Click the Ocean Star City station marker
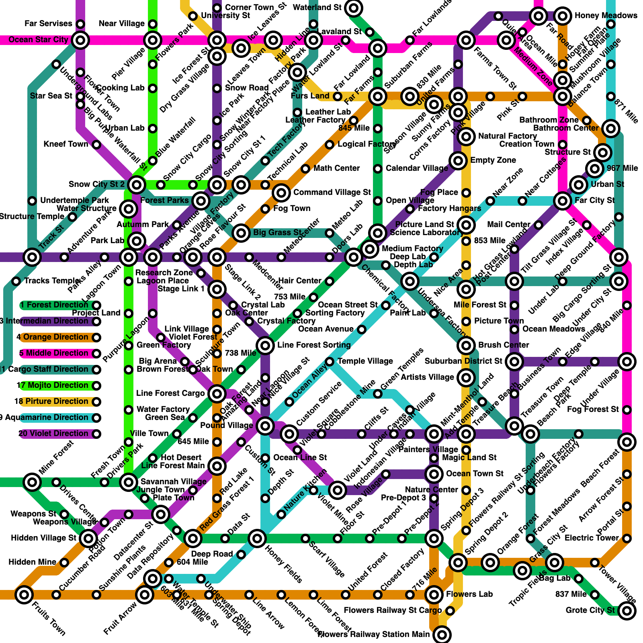pyautogui.click(x=80, y=40)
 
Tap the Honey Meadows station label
pyautogui.click(x=606, y=16)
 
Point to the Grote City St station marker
pyautogui.click(x=627, y=611)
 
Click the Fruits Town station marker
pyautogui.click(x=24, y=594)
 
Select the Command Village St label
pyautogui.click(x=332, y=192)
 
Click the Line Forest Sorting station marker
pyautogui.click(x=265, y=345)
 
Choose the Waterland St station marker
pyautogui.click(x=354, y=8)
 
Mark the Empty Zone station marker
pyautogui.click(x=458, y=161)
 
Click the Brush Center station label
pyautogui.click(x=503, y=345)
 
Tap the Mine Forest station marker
pyautogui.click(x=32, y=482)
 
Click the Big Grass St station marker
pyautogui.click(x=241, y=233)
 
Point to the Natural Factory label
pyautogui.click(x=507, y=136)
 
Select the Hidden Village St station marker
pyautogui.click(x=88, y=538)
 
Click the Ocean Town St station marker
pyautogui.click(x=434, y=474)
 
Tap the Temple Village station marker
pyautogui.click(x=330, y=362)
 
